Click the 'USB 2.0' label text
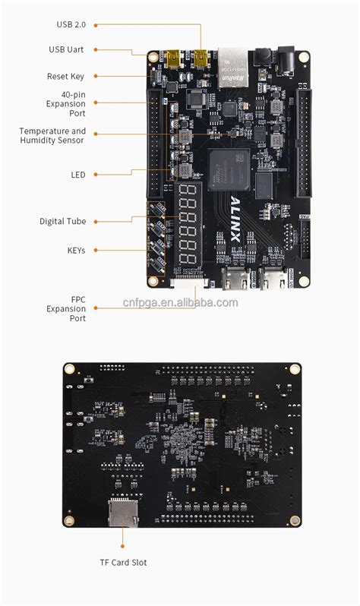pos(71,24)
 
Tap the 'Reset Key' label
pos(65,77)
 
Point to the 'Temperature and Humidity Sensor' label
pos(52,135)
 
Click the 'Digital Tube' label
pos(62,221)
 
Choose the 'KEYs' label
pos(76,250)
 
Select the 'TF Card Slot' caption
pos(122,563)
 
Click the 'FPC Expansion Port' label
pos(66,309)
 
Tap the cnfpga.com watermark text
pos(180,302)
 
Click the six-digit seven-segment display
pos(187,226)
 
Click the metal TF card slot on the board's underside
pos(123,513)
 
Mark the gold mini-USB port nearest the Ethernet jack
pos(201,57)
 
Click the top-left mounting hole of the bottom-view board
pos(70,370)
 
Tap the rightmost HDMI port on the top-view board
pos(270,279)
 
